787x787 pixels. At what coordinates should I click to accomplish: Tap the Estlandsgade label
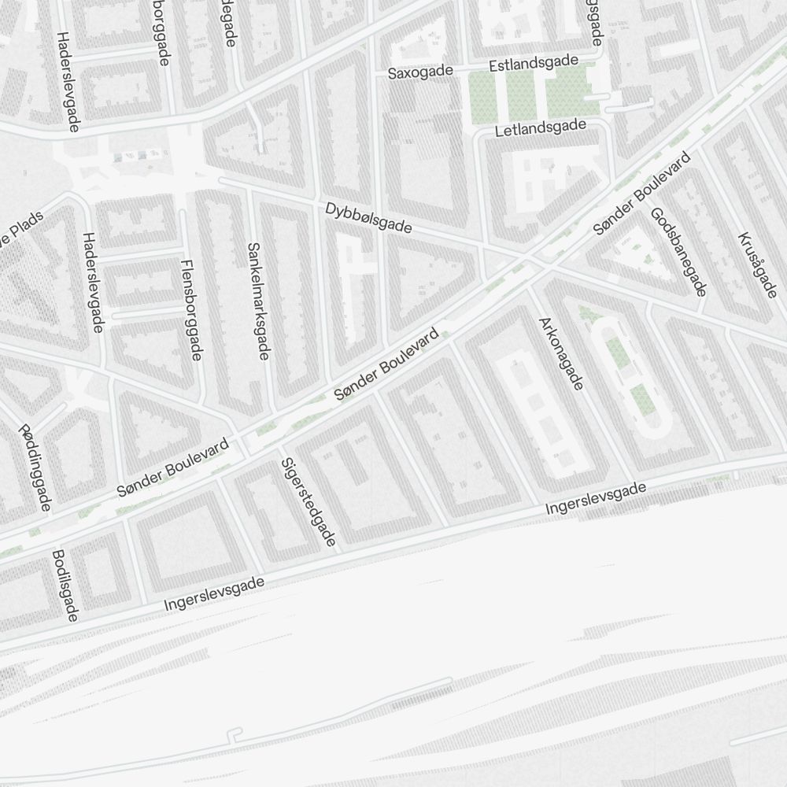534,64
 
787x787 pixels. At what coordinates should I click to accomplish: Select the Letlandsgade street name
541,127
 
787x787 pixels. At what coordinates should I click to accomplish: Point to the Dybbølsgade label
368,218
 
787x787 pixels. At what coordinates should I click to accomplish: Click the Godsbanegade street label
678,251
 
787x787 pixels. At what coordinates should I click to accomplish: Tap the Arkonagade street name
560,353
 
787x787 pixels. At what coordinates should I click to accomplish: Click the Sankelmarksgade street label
257,301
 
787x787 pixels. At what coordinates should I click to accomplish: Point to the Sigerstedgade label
309,501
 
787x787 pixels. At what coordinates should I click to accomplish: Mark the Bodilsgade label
64,586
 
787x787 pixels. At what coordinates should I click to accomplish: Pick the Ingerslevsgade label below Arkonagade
596,501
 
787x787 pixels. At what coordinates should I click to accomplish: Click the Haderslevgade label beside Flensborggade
92,282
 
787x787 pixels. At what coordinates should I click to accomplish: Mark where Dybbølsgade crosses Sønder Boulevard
529,260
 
